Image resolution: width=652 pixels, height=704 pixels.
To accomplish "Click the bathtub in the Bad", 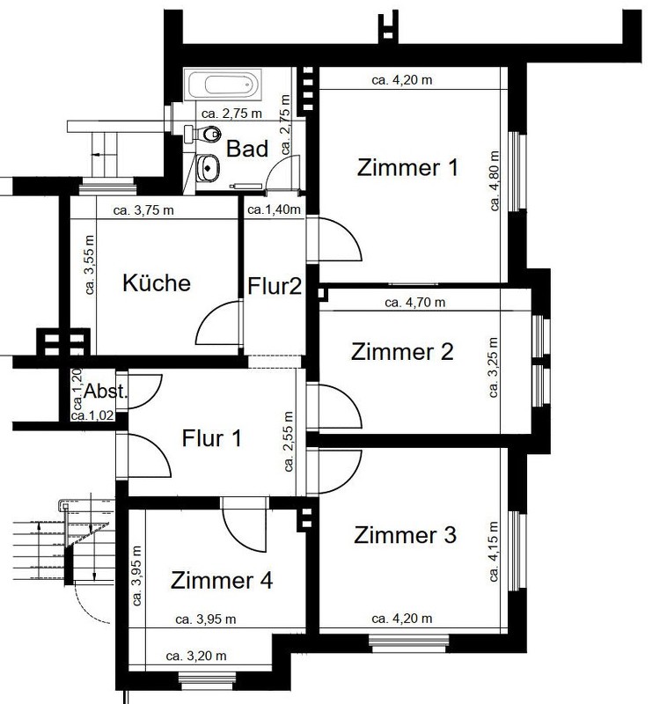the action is pos(223,84).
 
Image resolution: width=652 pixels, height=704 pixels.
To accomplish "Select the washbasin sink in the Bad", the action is pos(207,168).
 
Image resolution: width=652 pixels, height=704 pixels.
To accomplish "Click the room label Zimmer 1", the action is pos(407,167).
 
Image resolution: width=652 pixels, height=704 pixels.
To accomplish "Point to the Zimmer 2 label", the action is pos(402,351).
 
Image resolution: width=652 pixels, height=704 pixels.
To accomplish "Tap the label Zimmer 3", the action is pos(405,535).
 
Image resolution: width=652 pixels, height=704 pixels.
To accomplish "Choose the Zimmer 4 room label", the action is pos(222,580).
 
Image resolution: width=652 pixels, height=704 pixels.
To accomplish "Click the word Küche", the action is pos(157,282).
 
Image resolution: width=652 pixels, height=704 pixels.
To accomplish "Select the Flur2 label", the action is pos(275,286).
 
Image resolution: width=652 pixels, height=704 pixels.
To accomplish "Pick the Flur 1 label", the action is pos(211,438).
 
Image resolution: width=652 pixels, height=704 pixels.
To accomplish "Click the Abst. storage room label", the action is pos(106,392).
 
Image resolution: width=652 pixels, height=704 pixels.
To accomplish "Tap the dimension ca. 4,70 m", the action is pos(415,303).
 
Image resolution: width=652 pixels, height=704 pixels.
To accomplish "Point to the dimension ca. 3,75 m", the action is pos(143,210).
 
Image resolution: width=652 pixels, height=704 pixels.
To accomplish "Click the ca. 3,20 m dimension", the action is pos(196,656).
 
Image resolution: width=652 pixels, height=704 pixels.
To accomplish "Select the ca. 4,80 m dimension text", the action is pos(494,180).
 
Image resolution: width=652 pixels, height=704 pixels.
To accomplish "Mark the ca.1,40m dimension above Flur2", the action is pos(274,209).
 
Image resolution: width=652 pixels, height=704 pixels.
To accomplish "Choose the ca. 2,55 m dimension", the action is pos(289,442).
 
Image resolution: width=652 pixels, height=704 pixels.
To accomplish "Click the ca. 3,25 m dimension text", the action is pos(494,367).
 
